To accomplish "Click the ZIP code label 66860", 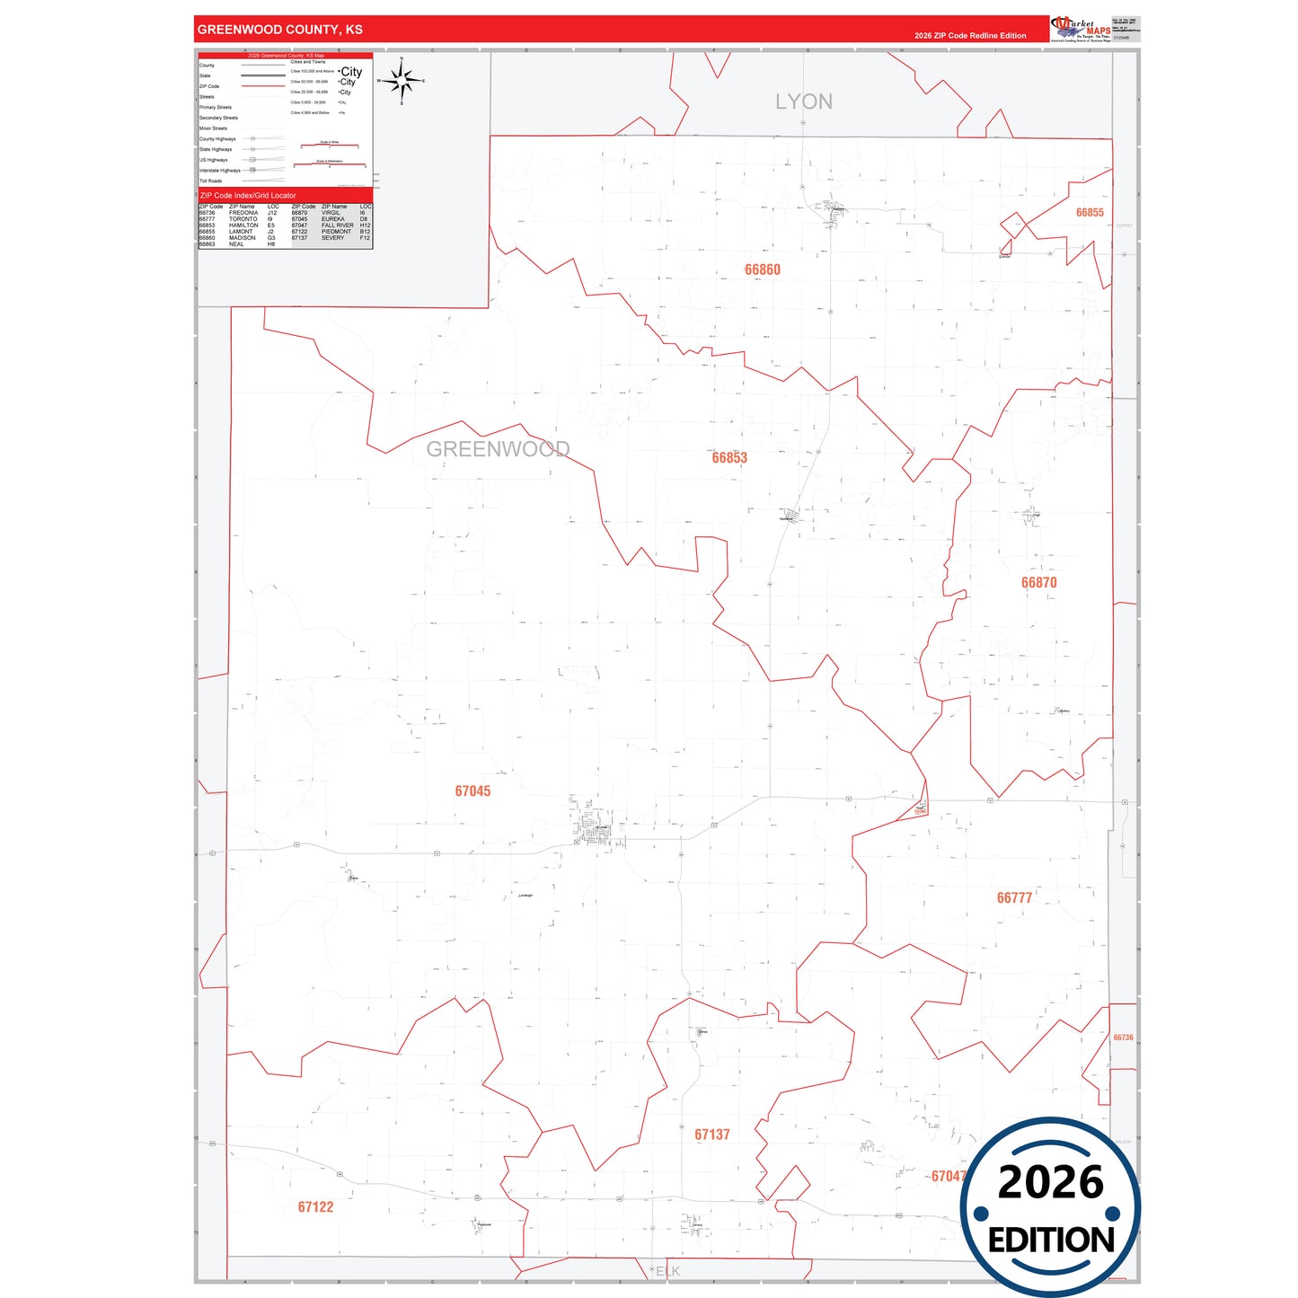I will coord(762,269).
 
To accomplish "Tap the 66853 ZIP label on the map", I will coord(729,457).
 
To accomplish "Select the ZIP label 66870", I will coord(1038,582).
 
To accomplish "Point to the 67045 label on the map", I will coord(472,790).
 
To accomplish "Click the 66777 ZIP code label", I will coord(1014,897).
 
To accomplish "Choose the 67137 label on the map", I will coord(711,1135).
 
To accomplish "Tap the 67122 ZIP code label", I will coord(315,1206).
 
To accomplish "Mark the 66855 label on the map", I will coord(1090,213).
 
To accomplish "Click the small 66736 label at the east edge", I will coord(1123,1038).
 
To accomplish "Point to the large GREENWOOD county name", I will coord(498,449).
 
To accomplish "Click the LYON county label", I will coord(804,102).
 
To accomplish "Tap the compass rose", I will coord(402,81).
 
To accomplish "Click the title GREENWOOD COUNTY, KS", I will coord(280,30).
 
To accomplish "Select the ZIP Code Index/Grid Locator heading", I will coord(248,195).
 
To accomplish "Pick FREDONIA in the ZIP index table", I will coord(243,213).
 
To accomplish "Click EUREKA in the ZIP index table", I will coord(332,219).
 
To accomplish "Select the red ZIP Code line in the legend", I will coord(263,86).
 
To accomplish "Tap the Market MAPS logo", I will coord(1080,28).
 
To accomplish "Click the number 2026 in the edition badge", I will coord(1050,1182).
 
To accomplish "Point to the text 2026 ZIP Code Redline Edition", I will coord(970,36).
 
